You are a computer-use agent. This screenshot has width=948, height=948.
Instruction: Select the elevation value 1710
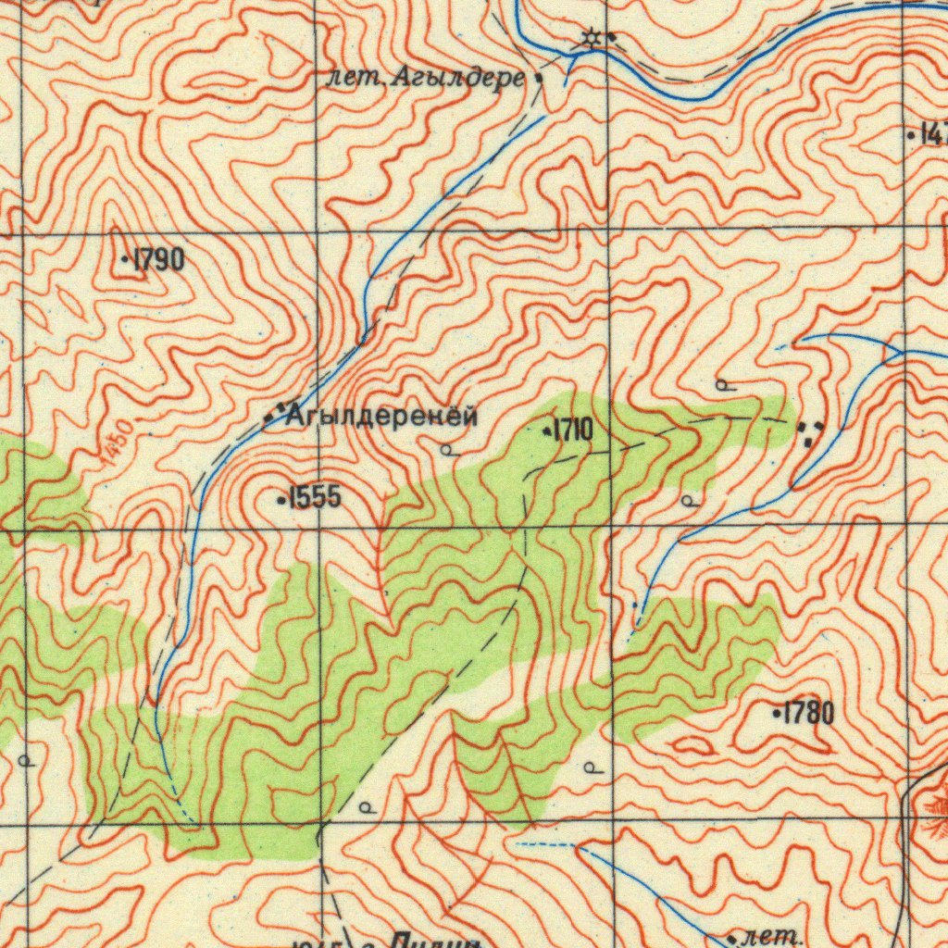[x=574, y=430]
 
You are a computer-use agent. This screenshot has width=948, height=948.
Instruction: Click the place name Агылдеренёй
[x=382, y=417]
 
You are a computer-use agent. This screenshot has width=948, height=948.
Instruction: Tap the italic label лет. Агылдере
[x=426, y=79]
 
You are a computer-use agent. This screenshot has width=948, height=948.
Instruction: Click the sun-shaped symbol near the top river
[x=590, y=38]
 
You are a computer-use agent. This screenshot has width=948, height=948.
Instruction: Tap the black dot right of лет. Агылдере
[x=539, y=80]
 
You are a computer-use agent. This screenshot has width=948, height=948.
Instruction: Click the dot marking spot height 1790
[x=126, y=261]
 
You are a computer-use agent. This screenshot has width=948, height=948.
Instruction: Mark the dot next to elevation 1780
[x=776, y=714]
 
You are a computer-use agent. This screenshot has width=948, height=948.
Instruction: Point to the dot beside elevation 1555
[x=281, y=501]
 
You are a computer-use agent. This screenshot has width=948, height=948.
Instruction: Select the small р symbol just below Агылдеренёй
[x=446, y=450]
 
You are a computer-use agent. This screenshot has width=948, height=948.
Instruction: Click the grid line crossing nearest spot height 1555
[x=318, y=530]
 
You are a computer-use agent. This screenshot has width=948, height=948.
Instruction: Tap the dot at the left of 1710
[x=546, y=430]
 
